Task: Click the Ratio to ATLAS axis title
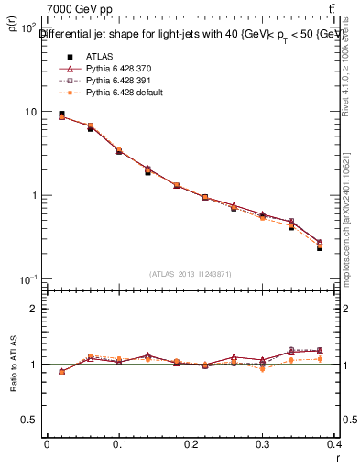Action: click(13, 365)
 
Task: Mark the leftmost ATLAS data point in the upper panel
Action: click(61, 115)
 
